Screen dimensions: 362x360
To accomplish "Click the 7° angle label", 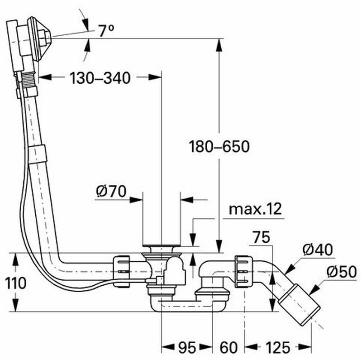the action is click(x=106, y=31).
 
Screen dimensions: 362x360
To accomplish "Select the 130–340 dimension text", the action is click(x=100, y=78).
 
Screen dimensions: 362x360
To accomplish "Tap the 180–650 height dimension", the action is click(x=219, y=146).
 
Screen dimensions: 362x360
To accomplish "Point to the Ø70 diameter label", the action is click(x=111, y=192).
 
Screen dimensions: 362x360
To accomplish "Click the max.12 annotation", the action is click(x=255, y=209).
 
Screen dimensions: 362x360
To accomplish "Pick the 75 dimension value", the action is click(x=261, y=237).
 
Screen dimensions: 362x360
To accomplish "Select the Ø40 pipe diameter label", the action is click(x=318, y=250).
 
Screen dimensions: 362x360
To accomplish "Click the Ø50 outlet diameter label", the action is click(x=342, y=272).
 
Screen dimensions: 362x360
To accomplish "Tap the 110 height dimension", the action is click(x=15, y=283).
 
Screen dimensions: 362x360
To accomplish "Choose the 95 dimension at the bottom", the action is click(x=187, y=347).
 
